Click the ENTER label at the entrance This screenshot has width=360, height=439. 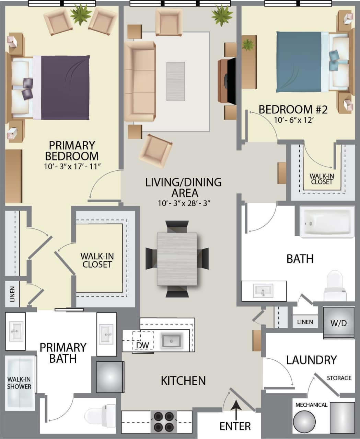(x=235, y=426)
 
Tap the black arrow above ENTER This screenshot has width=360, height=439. (x=235, y=408)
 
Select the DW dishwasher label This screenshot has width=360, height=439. (x=142, y=345)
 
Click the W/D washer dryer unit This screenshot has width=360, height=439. (x=339, y=323)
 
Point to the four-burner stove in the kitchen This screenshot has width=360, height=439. (x=163, y=422)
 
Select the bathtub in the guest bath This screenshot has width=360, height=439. (x=327, y=222)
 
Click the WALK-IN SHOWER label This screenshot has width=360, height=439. (x=20, y=383)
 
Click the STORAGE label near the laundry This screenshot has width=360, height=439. (x=339, y=378)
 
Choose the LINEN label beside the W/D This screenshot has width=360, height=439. (x=305, y=322)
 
